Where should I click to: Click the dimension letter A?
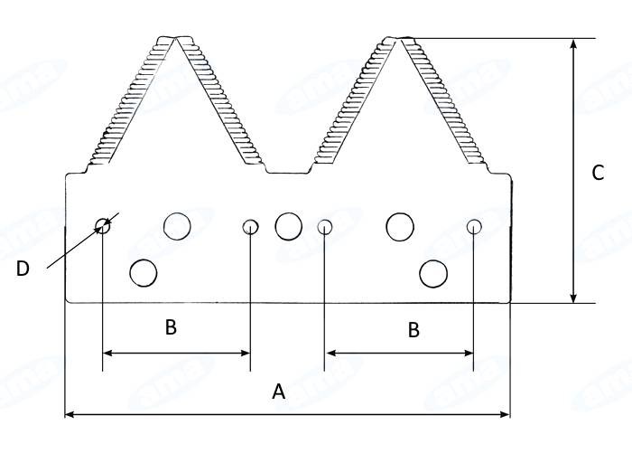pyautogui.click(x=278, y=392)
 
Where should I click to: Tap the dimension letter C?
pyautogui.click(x=598, y=173)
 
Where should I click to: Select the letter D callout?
pyautogui.click(x=23, y=269)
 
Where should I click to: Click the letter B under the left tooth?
pyautogui.click(x=171, y=327)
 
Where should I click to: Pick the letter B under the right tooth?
pyautogui.click(x=414, y=330)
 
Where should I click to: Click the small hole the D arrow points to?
pyautogui.click(x=103, y=226)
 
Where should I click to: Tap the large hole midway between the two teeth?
pyautogui.click(x=289, y=227)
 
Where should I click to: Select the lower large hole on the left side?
pyautogui.click(x=143, y=273)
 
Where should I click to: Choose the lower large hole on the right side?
pyautogui.click(x=433, y=274)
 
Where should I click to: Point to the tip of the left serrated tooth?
pyautogui.click(x=176, y=38)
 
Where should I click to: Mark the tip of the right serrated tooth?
pyautogui.click(x=399, y=39)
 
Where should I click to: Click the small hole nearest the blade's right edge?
pyautogui.click(x=474, y=227)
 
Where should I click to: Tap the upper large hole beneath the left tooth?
pyautogui.click(x=177, y=226)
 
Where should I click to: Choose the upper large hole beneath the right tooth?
pyautogui.click(x=400, y=227)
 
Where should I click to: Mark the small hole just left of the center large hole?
pyautogui.click(x=250, y=227)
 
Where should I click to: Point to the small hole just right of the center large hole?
pyautogui.click(x=325, y=227)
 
